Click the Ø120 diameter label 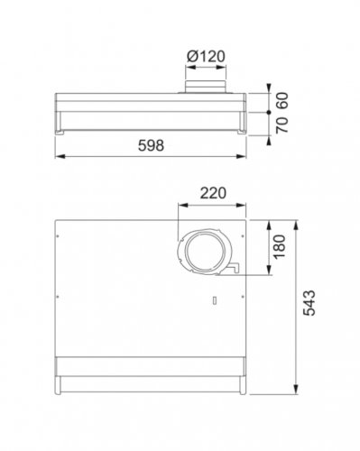coord(206,56)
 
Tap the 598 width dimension coord(151,145)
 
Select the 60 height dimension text coord(282,101)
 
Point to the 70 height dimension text coord(282,124)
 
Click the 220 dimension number coord(213,193)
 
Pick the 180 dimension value coord(279,246)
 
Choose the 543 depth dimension coord(309,303)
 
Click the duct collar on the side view coord(206,87)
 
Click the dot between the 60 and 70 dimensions coord(269,112)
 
